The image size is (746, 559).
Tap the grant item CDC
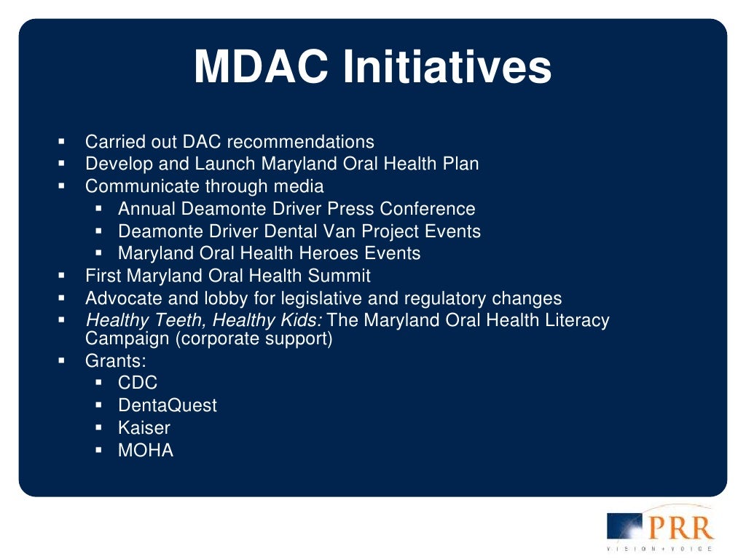tap(138, 383)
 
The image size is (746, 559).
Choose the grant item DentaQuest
tap(168, 405)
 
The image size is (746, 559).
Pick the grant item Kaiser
tap(144, 428)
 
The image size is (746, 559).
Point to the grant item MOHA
tap(146, 451)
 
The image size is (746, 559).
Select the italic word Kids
tap(299, 320)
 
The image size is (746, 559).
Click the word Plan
tap(460, 164)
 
